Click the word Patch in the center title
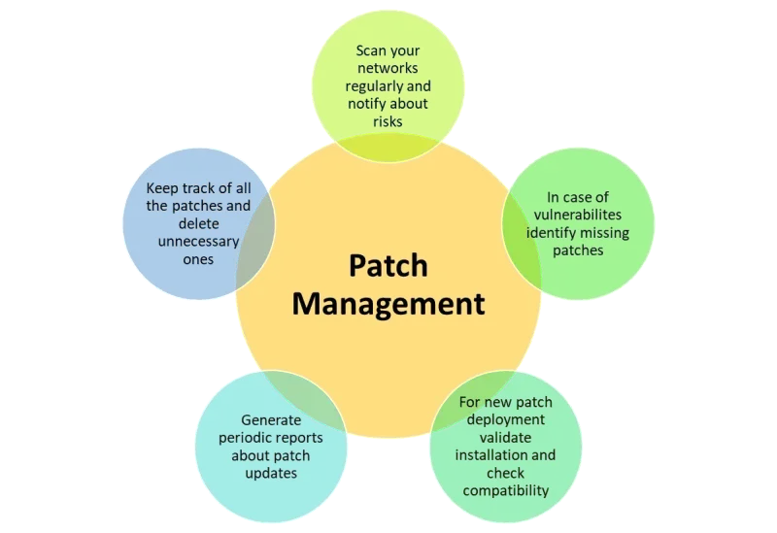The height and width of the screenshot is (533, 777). tap(388, 266)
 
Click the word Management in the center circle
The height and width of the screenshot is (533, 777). tap(388, 303)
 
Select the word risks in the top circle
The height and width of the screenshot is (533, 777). tap(387, 121)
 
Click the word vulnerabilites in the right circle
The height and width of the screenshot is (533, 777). tap(579, 215)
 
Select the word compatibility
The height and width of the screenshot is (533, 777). tap(506, 489)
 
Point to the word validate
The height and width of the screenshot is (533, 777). tap(506, 437)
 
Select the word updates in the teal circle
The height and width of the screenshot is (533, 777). tap(270, 473)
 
